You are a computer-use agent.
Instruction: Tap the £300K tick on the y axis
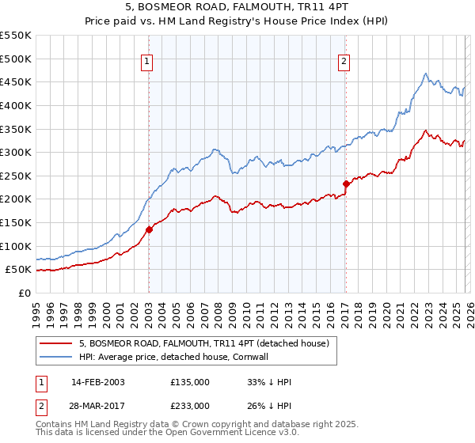pos(16,152)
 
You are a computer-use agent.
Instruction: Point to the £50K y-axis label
pos(18,270)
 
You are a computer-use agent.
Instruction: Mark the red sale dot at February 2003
pos(149,230)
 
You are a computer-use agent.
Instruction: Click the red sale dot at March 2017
pos(346,184)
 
